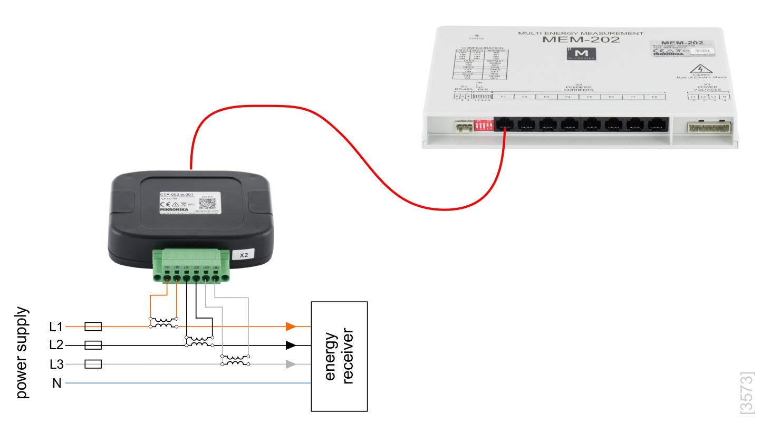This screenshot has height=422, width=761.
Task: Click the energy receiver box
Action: [339, 356]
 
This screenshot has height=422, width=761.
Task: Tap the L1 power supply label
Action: [56, 327]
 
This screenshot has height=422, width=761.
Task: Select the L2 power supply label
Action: [56, 345]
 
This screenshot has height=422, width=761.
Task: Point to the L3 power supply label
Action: [56, 364]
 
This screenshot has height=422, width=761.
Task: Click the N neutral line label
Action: [56, 383]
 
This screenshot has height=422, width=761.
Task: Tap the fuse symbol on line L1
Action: [93, 327]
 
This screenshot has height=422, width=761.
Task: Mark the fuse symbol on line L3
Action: [93, 364]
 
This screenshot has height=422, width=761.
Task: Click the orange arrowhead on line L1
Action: [290, 327]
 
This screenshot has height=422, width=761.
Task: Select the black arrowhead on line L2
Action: [290, 345]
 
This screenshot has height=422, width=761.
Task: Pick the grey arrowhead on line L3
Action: [290, 364]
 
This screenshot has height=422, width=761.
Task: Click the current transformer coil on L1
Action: [163, 323]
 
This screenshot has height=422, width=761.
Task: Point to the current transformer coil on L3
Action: [235, 361]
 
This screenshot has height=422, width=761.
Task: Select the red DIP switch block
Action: [484, 125]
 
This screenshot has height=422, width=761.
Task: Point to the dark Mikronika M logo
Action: [582, 54]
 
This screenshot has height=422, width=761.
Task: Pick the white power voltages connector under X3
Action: [708, 127]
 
